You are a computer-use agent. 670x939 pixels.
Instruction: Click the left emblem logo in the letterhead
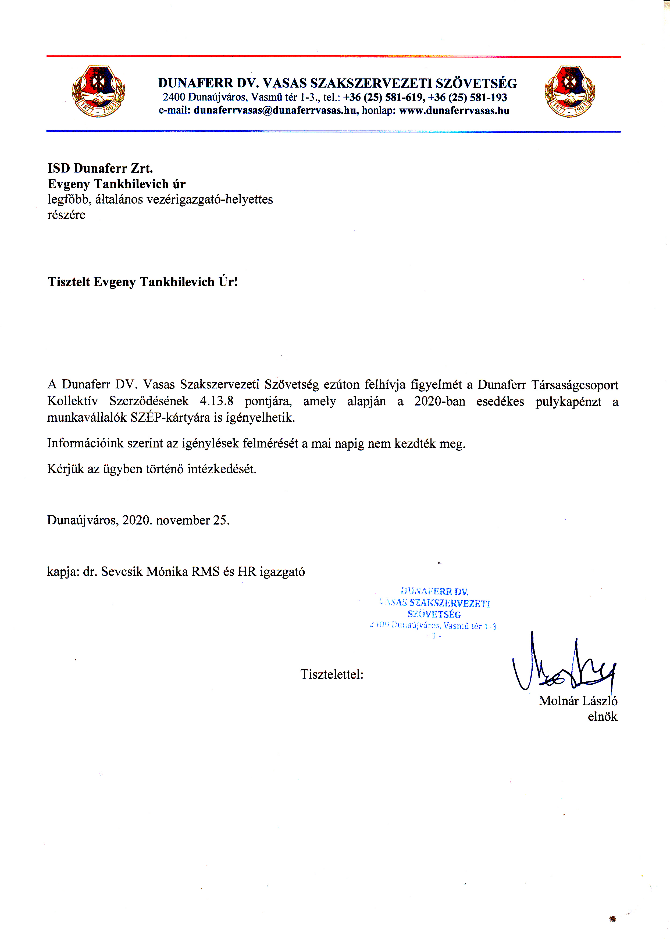coord(98,91)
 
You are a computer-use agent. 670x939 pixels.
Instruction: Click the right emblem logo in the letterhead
coord(570,91)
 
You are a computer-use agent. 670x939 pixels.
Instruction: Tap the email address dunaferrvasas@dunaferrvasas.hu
coord(276,110)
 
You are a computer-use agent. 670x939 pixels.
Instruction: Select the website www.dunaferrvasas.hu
coord(454,110)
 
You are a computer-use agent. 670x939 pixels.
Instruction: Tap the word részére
coord(66,215)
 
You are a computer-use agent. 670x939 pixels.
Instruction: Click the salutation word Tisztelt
coord(69,282)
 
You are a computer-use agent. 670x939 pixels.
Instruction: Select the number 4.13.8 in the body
coord(217,401)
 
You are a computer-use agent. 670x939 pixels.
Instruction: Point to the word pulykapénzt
coord(568,401)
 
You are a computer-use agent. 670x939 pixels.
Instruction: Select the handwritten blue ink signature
coord(564,664)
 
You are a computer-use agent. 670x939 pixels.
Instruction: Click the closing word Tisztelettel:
coord(332,674)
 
